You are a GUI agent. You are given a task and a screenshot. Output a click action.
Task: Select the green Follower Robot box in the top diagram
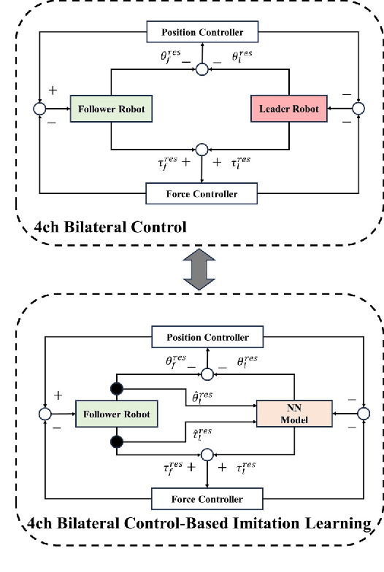[x=110, y=109]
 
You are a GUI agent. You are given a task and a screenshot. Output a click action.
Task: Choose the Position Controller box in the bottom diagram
[x=207, y=337]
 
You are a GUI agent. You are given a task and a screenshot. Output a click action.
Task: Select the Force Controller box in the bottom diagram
[x=207, y=499]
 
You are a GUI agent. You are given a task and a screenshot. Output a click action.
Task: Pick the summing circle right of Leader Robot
[x=358, y=109]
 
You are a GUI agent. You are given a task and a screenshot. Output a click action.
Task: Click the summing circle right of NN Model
[x=364, y=414]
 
